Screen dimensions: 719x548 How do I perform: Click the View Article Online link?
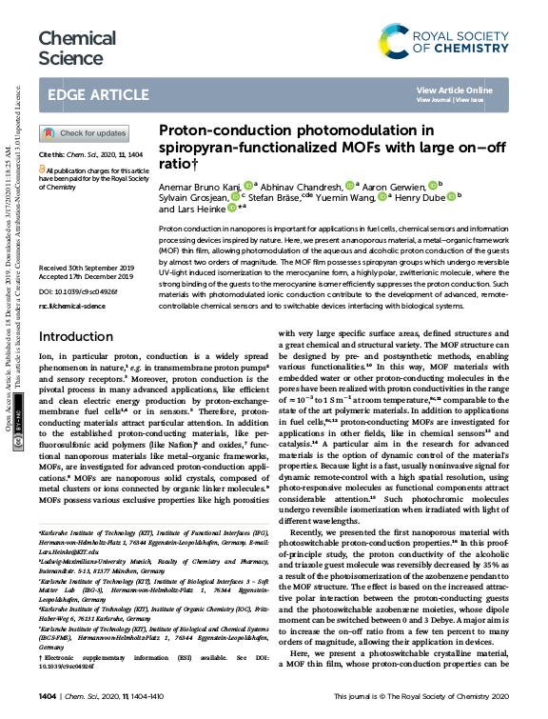[455, 90]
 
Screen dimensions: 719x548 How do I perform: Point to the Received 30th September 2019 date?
[87, 270]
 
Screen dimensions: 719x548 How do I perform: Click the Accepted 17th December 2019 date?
[86, 277]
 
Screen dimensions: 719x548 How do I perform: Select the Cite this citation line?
[90, 153]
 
